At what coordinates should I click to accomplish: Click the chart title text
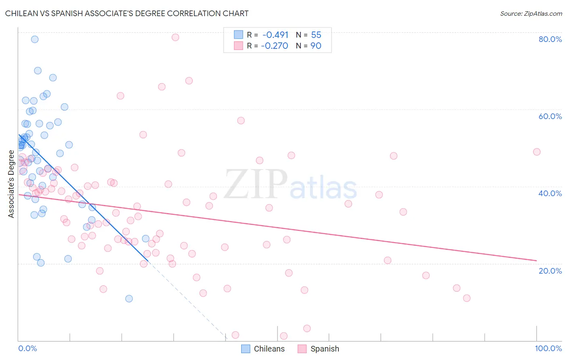pyautogui.click(x=127, y=13)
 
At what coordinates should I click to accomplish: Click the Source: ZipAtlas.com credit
pyautogui.click(x=531, y=13)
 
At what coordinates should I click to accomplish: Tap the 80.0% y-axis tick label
pyautogui.click(x=550, y=39)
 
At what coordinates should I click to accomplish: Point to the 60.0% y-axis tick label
pyautogui.click(x=550, y=116)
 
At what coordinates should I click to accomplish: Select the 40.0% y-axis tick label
pyautogui.click(x=550, y=193)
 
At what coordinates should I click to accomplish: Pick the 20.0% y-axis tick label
pyautogui.click(x=550, y=271)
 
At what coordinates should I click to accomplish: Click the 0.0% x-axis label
pyautogui.click(x=27, y=348)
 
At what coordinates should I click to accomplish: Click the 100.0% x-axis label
pyautogui.click(x=548, y=348)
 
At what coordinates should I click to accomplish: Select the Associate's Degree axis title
pyautogui.click(x=11, y=184)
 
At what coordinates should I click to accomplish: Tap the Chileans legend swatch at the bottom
pyautogui.click(x=246, y=349)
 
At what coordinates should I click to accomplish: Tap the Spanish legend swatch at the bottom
pyautogui.click(x=302, y=349)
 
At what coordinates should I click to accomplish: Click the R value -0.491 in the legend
pyautogui.click(x=275, y=35)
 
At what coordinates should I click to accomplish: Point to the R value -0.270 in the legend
pyautogui.click(x=275, y=46)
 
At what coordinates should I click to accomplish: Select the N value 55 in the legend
pyautogui.click(x=316, y=35)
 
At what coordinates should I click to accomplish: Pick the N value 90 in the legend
pyautogui.click(x=316, y=46)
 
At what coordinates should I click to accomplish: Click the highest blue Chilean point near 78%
pyautogui.click(x=35, y=39)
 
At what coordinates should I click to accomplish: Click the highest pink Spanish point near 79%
pyautogui.click(x=175, y=37)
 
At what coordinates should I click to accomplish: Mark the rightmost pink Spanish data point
pyautogui.click(x=536, y=152)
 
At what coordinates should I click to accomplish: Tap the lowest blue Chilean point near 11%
pyautogui.click(x=129, y=299)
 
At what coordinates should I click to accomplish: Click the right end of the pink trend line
pyautogui.click(x=536, y=260)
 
